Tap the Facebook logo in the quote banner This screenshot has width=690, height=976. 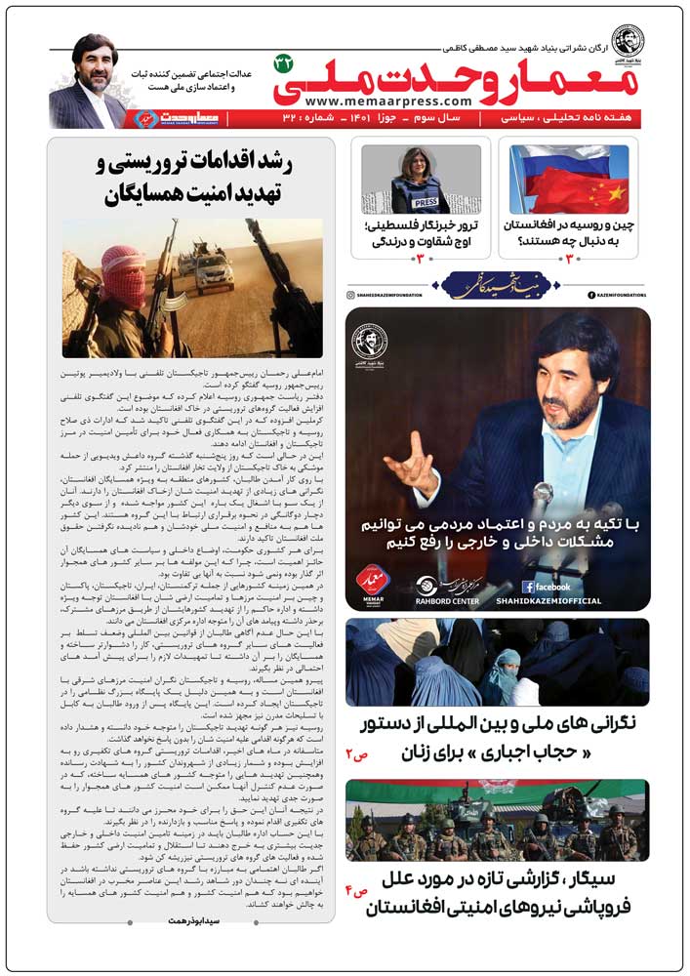pos(556,587)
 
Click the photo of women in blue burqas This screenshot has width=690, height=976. pos(497,662)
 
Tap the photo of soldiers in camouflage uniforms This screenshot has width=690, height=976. pos(497,820)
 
